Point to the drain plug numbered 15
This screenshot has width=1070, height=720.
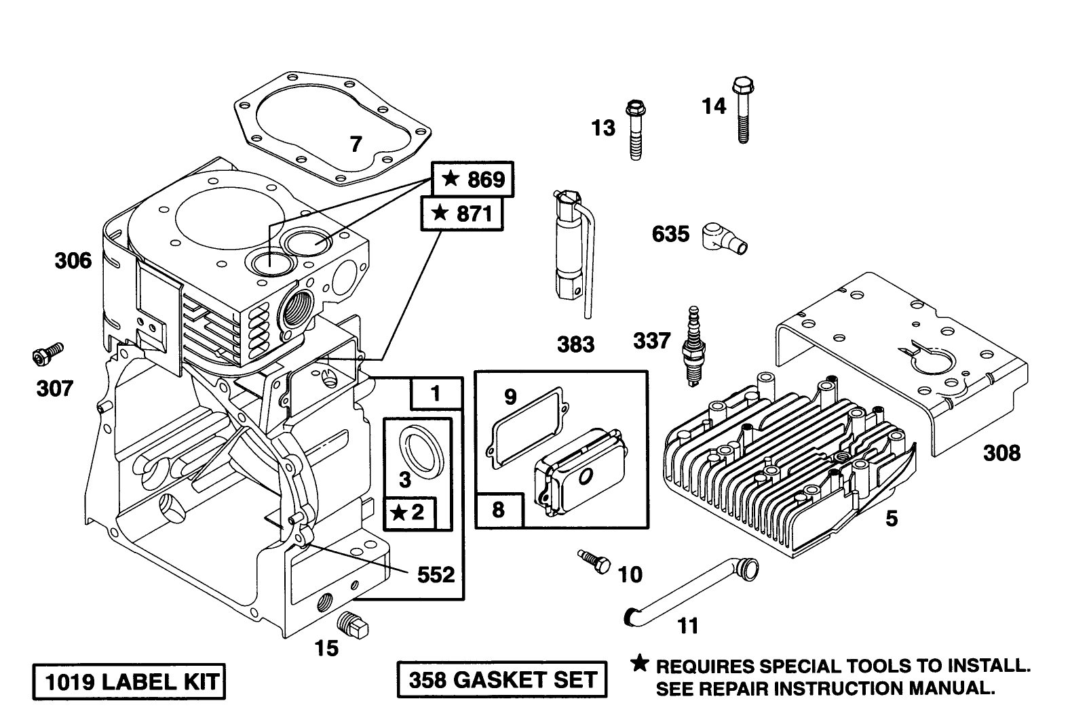(x=354, y=624)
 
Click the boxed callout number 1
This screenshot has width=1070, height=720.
(x=436, y=393)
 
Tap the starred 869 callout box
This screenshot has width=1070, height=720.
(x=473, y=179)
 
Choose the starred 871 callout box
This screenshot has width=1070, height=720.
(x=463, y=214)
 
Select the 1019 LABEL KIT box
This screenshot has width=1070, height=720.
(x=128, y=681)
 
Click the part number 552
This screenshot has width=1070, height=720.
(x=435, y=575)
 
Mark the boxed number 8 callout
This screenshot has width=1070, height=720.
(x=499, y=510)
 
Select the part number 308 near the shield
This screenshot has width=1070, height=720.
(x=1001, y=452)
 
